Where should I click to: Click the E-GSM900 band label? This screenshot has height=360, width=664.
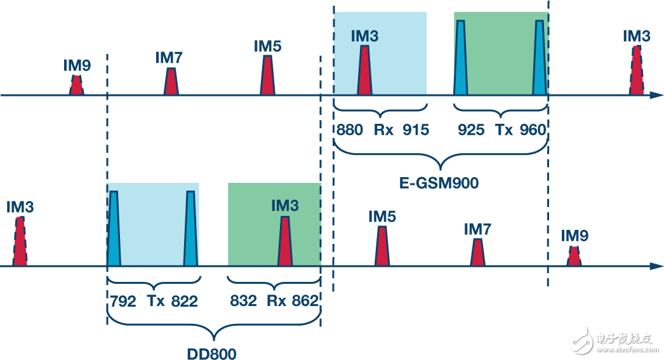point(438,184)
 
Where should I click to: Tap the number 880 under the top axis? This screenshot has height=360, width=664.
point(350,130)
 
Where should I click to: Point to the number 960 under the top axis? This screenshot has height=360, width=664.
point(532,130)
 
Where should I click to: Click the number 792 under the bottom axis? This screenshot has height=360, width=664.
point(122,301)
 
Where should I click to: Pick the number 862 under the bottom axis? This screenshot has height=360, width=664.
point(305,301)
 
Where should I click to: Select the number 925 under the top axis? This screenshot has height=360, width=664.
point(471,130)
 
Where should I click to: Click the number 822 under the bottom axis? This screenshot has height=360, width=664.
point(184,301)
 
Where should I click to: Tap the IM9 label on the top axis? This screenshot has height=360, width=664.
point(77,65)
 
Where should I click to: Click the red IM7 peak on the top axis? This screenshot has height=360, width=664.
point(170,81)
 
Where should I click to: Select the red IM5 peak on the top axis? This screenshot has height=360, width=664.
point(267,76)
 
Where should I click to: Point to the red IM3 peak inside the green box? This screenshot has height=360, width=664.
point(284,241)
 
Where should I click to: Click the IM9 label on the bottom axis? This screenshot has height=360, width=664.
point(574,236)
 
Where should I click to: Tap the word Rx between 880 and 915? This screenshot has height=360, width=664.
point(383,130)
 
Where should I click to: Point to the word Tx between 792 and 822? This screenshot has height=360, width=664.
point(156,301)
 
